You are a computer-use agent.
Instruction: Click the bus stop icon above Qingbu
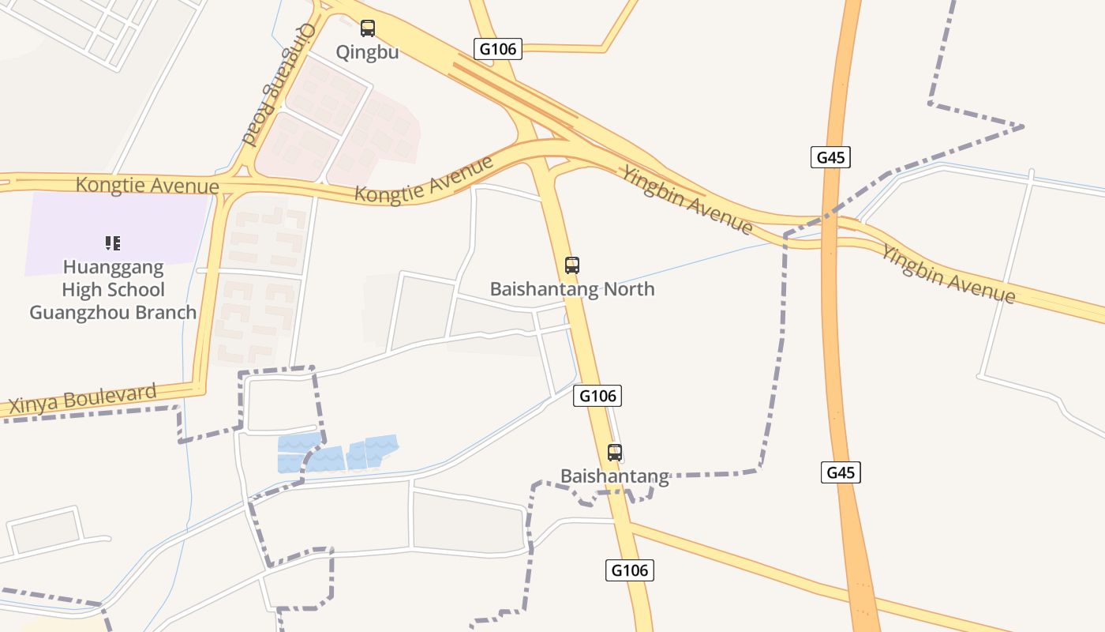368,28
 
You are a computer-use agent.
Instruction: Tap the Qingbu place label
367,52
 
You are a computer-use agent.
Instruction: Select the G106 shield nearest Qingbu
498,49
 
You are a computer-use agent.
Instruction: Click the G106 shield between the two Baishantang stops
597,395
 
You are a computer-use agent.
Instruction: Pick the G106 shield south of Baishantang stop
630,570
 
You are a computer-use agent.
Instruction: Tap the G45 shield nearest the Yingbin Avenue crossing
830,157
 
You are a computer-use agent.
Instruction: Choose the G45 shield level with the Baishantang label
840,472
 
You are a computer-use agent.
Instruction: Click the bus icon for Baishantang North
572,265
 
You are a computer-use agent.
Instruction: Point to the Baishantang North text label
572,289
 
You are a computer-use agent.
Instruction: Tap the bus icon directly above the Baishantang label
615,453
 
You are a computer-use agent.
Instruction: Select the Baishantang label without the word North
615,476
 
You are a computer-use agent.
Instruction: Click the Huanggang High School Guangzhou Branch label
113,289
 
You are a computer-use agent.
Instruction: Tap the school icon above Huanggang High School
113,243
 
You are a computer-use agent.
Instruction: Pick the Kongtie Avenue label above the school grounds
148,186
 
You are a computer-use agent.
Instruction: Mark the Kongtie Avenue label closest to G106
424,179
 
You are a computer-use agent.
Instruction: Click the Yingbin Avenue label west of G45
686,199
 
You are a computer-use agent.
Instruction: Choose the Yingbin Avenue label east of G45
947,274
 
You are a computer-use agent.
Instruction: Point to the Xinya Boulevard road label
83,399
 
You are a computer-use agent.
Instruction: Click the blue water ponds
337,453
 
